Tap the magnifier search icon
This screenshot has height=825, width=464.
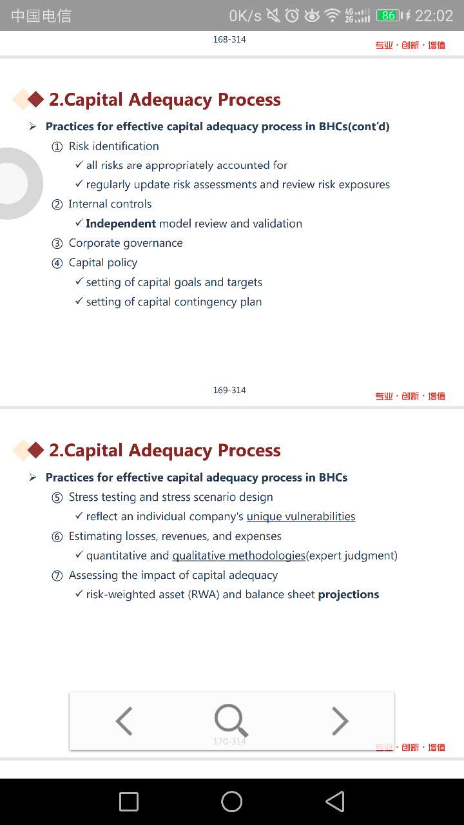(x=231, y=720)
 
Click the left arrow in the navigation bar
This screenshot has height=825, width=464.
(x=124, y=721)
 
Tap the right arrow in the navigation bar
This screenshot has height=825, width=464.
(x=340, y=721)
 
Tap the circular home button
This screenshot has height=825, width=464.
(x=232, y=801)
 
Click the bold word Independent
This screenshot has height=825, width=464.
(x=121, y=224)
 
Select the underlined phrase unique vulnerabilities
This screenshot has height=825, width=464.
(x=301, y=516)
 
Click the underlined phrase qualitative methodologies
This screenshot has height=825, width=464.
(x=238, y=556)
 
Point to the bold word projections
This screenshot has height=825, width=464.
(x=349, y=594)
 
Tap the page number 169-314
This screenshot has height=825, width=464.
(x=229, y=390)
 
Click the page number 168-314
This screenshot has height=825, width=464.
(x=229, y=39)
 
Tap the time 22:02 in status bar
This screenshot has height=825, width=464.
(x=434, y=15)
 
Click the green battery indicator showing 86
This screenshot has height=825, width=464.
(x=389, y=15)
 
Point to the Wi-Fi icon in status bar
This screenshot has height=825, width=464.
(x=333, y=15)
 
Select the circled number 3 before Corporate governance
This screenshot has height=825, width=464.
(x=57, y=244)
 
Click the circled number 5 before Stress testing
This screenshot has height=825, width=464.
(x=57, y=498)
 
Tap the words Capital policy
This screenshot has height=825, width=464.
(x=103, y=262)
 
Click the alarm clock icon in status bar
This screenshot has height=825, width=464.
(x=293, y=15)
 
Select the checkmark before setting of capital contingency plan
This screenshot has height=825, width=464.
(x=79, y=301)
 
